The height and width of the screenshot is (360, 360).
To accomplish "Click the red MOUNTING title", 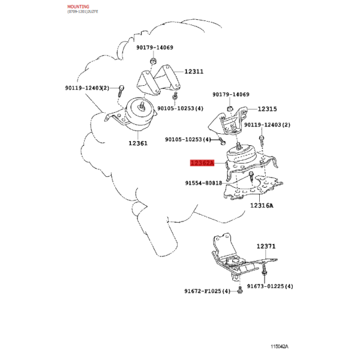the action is point(78,7).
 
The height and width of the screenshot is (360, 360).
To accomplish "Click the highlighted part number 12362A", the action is point(202,163).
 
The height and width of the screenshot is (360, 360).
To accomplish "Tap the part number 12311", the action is point(194,71).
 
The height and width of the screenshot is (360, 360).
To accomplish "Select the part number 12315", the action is point(267,109).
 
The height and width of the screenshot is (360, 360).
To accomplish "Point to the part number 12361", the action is point(138,143).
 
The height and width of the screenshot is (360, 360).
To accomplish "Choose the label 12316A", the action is point(262,205).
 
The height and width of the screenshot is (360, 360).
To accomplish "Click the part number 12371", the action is point(266,247).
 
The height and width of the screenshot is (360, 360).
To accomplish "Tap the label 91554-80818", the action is point(203,183).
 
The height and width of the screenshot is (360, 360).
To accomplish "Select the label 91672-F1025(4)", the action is point(207,291).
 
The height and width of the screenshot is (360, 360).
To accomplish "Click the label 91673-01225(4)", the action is point(270,286).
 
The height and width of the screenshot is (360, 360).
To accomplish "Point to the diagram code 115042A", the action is point(279,347).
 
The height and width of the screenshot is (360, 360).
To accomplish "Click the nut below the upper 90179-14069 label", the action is point(153,61).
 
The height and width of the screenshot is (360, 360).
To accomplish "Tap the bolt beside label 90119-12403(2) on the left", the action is point(121,91).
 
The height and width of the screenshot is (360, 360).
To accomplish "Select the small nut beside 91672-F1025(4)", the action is point(240,290).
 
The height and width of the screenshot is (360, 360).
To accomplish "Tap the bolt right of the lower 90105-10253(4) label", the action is point(222,141).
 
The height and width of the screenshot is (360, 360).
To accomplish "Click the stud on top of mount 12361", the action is point(141,107).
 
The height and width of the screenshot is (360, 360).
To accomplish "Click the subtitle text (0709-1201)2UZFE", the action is point(83,11).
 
